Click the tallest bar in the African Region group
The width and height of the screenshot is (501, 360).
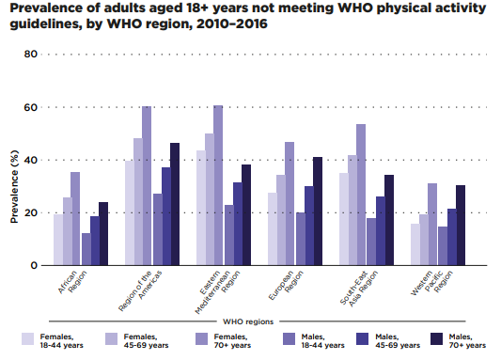(x=75, y=218)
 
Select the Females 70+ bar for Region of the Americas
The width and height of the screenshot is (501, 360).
(x=147, y=185)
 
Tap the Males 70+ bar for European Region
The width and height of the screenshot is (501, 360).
(x=318, y=211)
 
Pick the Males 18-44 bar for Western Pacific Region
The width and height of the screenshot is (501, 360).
(x=443, y=246)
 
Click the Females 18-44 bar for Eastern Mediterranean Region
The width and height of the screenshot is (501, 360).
(x=201, y=208)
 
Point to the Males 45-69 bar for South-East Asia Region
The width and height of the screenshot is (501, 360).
(x=381, y=231)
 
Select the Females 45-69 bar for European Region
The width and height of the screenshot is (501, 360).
(x=281, y=220)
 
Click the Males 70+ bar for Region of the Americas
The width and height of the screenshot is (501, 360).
(x=175, y=204)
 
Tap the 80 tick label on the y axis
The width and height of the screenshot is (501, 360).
(x=30, y=54)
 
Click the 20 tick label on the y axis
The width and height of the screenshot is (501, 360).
(x=30, y=212)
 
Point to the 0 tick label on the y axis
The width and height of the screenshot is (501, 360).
(x=34, y=265)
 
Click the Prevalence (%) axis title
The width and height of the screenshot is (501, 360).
(x=14, y=186)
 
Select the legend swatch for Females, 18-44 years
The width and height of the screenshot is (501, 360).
(x=28, y=339)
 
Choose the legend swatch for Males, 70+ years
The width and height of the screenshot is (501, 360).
(x=437, y=339)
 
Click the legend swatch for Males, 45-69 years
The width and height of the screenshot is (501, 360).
(x=362, y=339)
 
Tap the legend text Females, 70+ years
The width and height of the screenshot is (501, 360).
(x=232, y=341)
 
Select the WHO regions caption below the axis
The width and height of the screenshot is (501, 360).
(x=248, y=321)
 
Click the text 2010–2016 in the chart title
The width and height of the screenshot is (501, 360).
(x=231, y=23)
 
